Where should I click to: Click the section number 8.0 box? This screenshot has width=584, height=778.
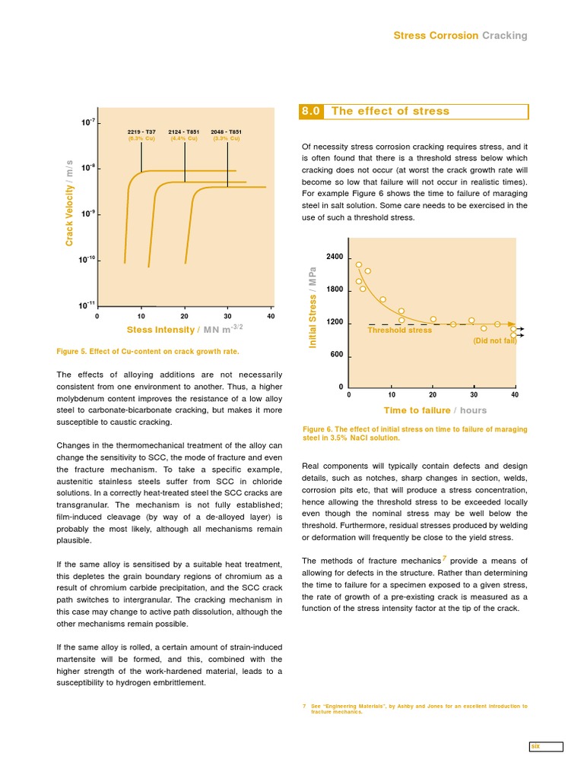[313, 111]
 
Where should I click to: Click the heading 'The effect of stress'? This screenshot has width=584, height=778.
[390, 111]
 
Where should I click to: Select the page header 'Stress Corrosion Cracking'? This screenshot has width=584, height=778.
[459, 36]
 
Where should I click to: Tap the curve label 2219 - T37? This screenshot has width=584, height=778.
[141, 132]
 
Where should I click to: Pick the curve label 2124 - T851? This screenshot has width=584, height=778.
[184, 132]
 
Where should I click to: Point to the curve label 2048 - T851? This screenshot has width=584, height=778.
[227, 132]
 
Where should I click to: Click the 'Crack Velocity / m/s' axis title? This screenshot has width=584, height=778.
[69, 204]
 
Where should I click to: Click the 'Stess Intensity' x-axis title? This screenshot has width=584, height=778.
[185, 329]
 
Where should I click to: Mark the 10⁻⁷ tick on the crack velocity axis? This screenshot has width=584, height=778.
[87, 122]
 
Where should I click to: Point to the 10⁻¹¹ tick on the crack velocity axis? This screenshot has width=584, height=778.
[86, 306]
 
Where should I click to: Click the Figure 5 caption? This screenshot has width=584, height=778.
[148, 352]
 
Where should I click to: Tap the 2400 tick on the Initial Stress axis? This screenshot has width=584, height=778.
[335, 258]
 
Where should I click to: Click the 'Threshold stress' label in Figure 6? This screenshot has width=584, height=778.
[399, 330]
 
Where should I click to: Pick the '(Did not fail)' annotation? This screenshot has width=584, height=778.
[494, 340]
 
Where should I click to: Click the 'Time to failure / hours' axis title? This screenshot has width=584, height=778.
[435, 410]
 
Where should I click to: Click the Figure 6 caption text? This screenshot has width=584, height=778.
[414, 433]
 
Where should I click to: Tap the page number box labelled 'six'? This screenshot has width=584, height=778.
[546, 747]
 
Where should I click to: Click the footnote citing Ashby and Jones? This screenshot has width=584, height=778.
[414, 708]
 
